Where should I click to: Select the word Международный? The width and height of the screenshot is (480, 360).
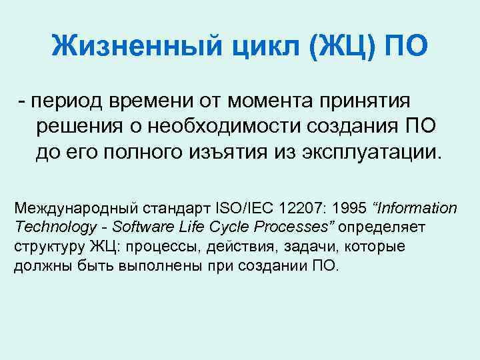[70, 209]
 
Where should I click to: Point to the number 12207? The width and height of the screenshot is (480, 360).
[301, 209]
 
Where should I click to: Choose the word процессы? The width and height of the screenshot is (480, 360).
[169, 246]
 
